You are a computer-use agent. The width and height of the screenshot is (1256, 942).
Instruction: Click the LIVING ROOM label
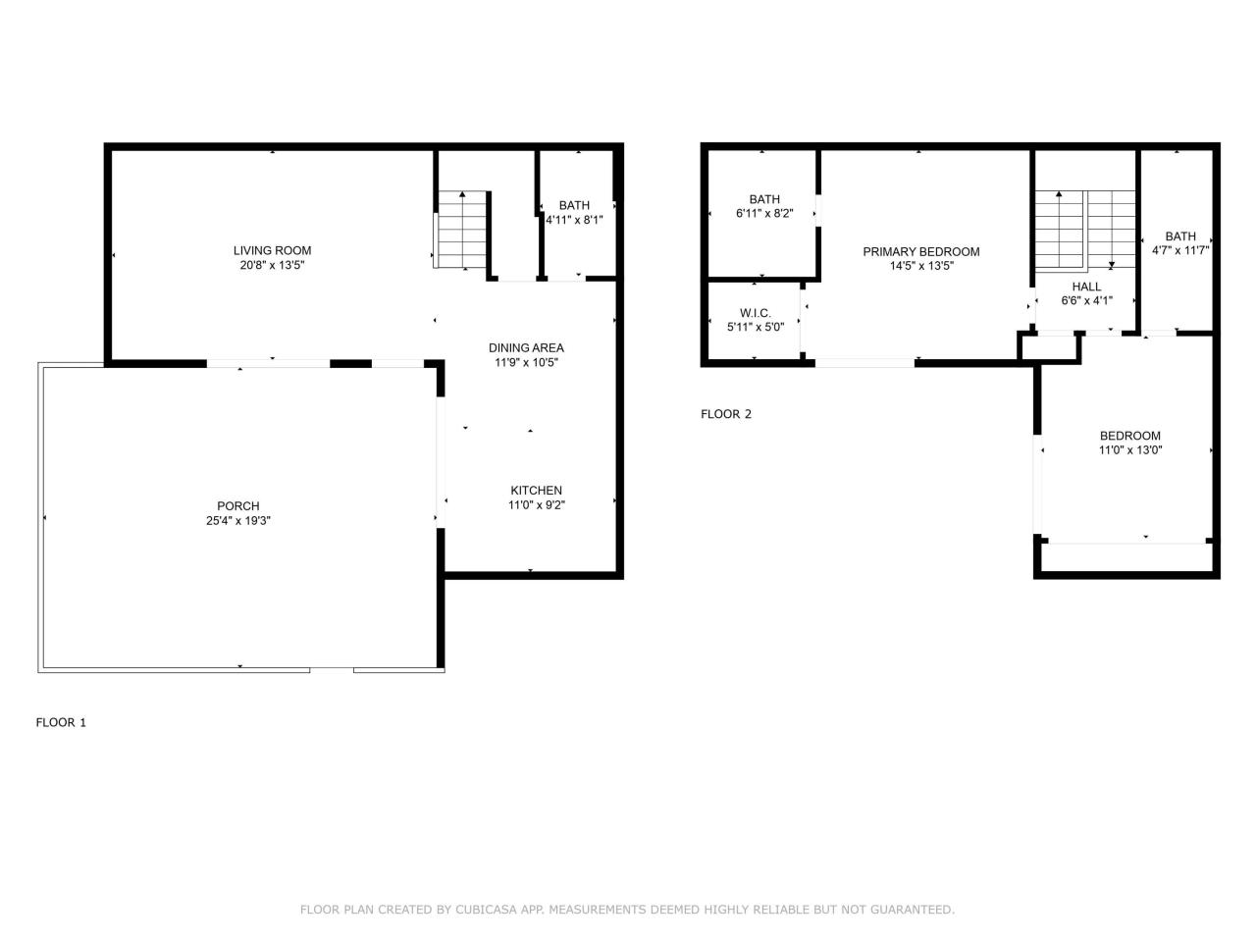coord(272,250)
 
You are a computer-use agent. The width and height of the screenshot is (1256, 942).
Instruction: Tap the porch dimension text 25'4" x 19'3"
coord(232,521)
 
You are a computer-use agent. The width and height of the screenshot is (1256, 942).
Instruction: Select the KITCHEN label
coord(536,491)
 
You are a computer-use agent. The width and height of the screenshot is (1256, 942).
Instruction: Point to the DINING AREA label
coord(526,347)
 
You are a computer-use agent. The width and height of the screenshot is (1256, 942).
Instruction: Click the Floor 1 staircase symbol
coord(462,230)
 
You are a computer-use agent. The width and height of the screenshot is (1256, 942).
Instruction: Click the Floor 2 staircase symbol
coord(1084,230)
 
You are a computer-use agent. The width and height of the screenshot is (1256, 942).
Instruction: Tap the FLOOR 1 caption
coord(61,722)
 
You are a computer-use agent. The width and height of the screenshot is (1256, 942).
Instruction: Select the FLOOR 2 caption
coord(726,414)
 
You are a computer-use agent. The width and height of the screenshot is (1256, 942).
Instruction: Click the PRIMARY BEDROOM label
coord(920,251)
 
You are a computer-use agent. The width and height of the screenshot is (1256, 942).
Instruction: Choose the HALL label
coord(1086,287)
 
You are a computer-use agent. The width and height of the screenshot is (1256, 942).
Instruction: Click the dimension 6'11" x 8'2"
coord(764,213)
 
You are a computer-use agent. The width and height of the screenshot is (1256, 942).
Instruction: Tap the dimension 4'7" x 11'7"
coord(1180,250)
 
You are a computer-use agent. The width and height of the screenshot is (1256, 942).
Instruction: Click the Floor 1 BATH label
coord(574,205)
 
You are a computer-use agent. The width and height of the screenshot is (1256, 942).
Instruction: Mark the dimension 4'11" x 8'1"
coord(574,220)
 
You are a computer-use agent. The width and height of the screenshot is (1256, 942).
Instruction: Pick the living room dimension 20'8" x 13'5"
coord(272,265)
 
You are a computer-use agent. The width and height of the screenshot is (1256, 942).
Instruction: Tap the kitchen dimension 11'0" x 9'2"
coord(536,505)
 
